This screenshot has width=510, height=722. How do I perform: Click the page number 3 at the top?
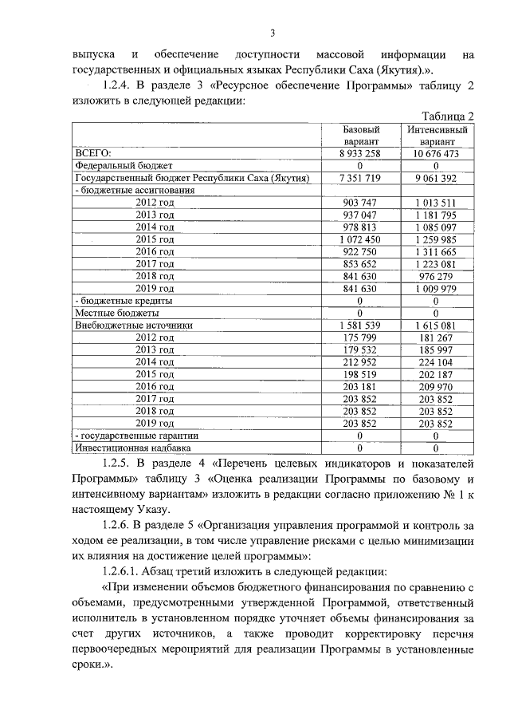272,33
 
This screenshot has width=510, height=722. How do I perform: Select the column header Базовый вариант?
360,135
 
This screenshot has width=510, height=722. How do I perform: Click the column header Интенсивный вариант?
436,135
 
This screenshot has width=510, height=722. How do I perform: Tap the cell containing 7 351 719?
360,178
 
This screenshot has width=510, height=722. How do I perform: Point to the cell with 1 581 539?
360,325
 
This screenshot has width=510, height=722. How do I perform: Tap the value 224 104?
436,362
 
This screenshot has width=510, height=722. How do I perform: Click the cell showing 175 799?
360,337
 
